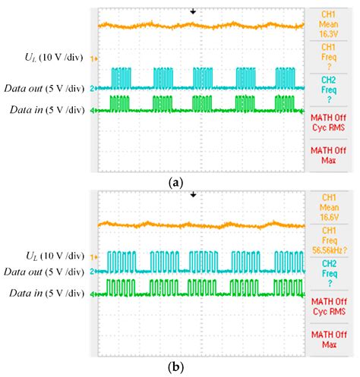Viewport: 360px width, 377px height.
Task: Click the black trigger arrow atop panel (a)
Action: point(193,11)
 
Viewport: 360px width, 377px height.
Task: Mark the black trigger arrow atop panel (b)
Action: point(193,195)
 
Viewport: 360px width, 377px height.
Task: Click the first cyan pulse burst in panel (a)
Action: point(121,78)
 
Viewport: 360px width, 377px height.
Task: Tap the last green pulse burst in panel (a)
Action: point(285,102)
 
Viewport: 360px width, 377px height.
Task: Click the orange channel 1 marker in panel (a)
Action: point(93,58)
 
